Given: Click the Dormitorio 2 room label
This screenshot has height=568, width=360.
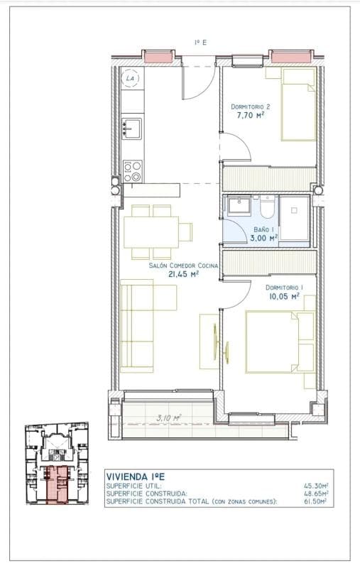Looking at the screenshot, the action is (x=250, y=107).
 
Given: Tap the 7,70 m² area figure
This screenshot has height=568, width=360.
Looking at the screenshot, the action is (x=250, y=116).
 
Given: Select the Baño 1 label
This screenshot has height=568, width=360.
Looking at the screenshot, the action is (x=263, y=229).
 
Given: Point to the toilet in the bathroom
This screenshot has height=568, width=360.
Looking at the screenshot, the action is (x=267, y=207).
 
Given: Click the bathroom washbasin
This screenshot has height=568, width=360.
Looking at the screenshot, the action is (x=239, y=205).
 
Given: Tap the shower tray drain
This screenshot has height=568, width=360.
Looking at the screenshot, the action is (x=295, y=210).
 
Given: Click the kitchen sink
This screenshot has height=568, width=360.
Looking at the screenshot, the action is (x=131, y=129).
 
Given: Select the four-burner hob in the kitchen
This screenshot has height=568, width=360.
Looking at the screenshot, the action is (x=132, y=171).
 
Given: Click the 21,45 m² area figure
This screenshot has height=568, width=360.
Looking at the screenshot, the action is (x=184, y=274).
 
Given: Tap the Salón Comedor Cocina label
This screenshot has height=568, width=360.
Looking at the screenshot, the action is (x=183, y=266).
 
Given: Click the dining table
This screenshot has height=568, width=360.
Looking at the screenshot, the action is (x=151, y=232).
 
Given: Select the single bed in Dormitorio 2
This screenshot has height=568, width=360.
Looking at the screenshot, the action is (x=299, y=104).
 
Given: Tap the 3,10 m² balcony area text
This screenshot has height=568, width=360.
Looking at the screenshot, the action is (x=169, y=418).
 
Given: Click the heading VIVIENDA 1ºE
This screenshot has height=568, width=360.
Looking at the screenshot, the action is (x=135, y=476).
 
